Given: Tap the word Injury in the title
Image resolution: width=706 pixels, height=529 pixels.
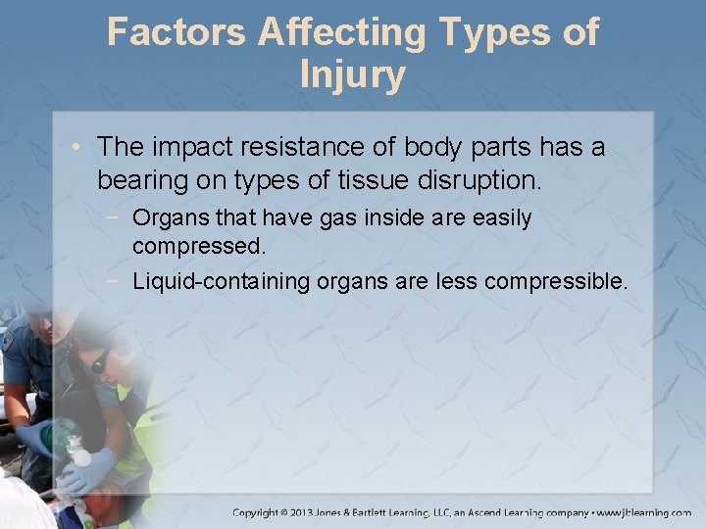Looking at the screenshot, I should pyautogui.click(x=353, y=74).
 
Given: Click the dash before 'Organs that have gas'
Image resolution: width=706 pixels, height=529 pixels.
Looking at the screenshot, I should pyautogui.click(x=118, y=217).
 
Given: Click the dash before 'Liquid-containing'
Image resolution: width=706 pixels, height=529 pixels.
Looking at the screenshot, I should pyautogui.click(x=118, y=282).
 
